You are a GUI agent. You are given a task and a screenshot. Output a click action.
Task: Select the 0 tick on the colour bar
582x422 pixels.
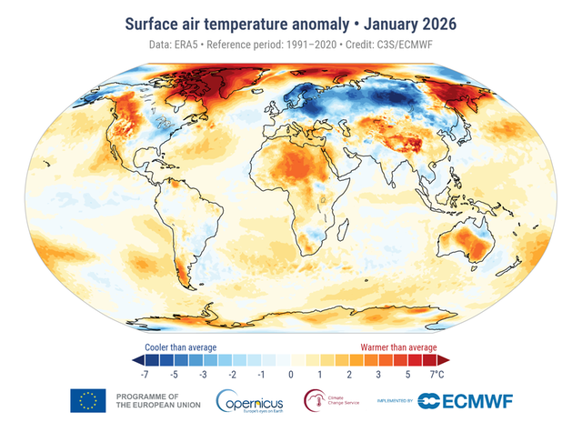[x=291, y=374]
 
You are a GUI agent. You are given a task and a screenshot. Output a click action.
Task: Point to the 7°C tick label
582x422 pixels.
[x=436, y=374]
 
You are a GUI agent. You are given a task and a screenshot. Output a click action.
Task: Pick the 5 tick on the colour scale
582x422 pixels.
[x=407, y=374]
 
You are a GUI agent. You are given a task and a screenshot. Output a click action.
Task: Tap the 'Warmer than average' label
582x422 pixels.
[x=396, y=347]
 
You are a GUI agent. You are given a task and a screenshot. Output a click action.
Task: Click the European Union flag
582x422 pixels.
[x=88, y=400]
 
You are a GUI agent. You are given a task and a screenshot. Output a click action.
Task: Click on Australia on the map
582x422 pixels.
[x=468, y=243]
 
